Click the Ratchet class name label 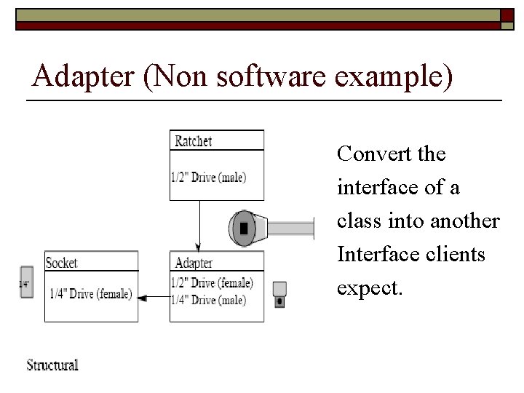click(194, 141)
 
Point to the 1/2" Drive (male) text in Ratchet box click(209, 177)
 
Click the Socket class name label click(62, 263)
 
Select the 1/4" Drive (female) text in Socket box click(91, 294)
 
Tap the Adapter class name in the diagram click(194, 263)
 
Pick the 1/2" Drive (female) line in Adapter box click(212, 283)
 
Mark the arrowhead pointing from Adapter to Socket click(143, 297)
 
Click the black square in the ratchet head click(244, 228)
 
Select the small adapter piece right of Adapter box click(279, 293)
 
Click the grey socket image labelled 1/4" click(26, 283)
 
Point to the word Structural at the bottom click(52, 365)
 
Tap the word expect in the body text click(368, 287)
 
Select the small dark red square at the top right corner click(507, 15)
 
